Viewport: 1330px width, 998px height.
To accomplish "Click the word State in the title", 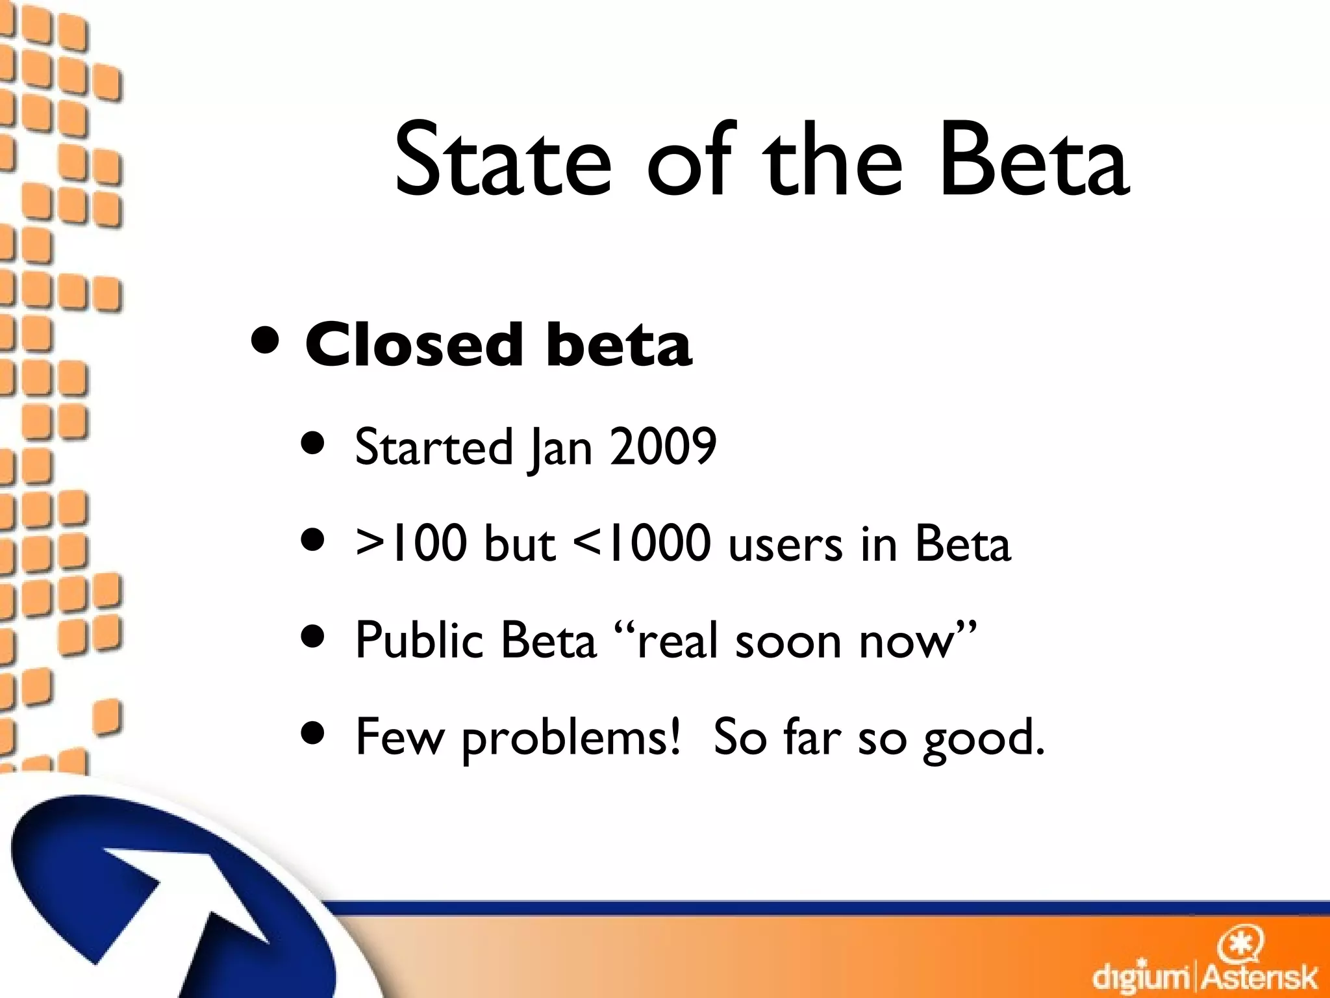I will click(503, 161).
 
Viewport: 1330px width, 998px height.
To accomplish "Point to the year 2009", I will click(662, 446).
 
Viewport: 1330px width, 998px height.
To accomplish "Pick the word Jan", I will click(561, 448).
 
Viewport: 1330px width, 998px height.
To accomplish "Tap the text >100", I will click(411, 543).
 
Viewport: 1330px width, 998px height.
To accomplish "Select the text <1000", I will click(642, 543).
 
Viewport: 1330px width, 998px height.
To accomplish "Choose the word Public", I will click(419, 640).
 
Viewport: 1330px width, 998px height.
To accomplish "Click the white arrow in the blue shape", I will click(188, 897).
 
